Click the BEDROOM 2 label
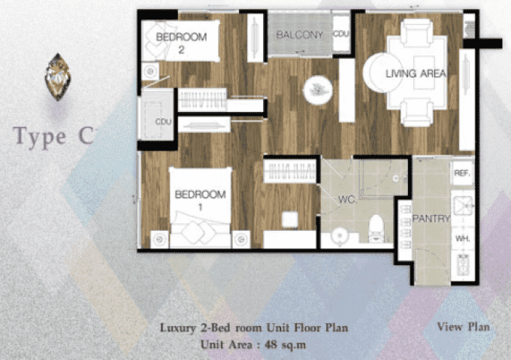pos(181,43)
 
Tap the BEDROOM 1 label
pos(200,200)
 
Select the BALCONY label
pos(299,35)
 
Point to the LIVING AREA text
pos(416,74)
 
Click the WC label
pos(346,199)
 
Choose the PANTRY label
pos(431,219)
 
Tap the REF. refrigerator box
pos(462,173)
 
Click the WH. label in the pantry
pos(462,238)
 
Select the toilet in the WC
pos(376,228)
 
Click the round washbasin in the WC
pos(340,235)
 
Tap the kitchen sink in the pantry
pos(463,206)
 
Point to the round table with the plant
pos(318,90)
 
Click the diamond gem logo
pos(58,77)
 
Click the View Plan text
pos(464,326)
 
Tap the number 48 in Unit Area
pos(271,344)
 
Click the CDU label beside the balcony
pos(341,34)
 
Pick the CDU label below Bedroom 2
pos(163,122)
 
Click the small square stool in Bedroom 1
pos(289,219)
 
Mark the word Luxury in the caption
pos(177,328)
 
